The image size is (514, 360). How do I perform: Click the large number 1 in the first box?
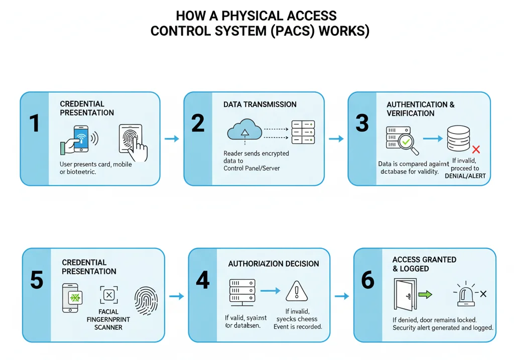pos(34,123)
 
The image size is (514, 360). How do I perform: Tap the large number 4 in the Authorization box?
pos(202,280)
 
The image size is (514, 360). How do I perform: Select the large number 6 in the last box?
pos(368,280)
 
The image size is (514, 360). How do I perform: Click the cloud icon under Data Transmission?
pos(244,132)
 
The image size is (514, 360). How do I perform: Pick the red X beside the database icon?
pos(476,149)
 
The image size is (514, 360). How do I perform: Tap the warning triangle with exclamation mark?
pos(296,291)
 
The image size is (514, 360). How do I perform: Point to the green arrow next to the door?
pos(425,295)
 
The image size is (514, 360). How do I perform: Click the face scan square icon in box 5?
pos(109,295)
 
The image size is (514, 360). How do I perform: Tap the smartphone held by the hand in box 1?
pos(80,138)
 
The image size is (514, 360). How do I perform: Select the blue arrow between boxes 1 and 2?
pos(172,139)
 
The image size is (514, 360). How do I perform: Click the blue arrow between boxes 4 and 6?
pos(341,296)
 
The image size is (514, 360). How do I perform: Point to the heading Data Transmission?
pos(260,104)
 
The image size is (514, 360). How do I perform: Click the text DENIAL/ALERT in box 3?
pos(465,176)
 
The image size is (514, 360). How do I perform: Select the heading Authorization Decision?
pos(273,264)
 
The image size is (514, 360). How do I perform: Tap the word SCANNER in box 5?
pos(109,327)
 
